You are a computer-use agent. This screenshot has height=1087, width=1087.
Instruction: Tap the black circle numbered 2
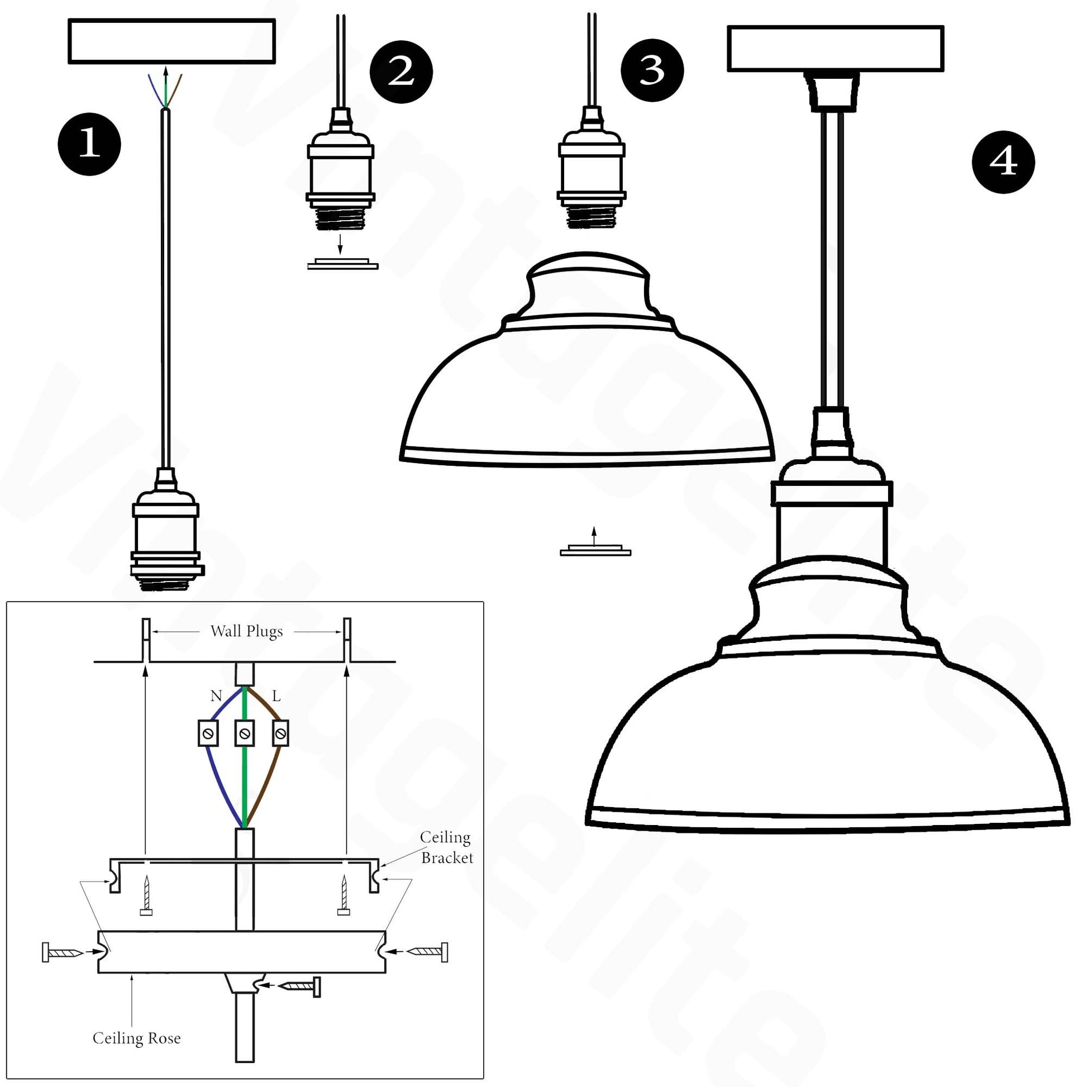tap(401, 71)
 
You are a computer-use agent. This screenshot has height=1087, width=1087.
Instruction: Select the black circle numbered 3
tap(652, 70)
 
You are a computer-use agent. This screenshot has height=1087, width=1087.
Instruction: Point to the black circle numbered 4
tap(1003, 162)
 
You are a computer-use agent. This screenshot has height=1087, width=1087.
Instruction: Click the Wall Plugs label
tap(246, 631)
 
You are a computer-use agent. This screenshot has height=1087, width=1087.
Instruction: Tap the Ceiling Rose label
tap(137, 1038)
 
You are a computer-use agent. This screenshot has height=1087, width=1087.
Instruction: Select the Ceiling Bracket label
tap(446, 847)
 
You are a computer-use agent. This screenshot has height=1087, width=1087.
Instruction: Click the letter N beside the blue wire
tap(216, 696)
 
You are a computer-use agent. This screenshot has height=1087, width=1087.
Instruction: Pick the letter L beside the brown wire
tap(276, 696)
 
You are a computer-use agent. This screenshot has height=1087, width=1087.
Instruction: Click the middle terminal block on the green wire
tap(245, 733)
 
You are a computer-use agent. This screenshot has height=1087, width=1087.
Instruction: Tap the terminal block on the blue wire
tap(208, 733)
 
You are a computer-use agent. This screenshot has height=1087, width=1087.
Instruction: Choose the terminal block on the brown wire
tap(280, 733)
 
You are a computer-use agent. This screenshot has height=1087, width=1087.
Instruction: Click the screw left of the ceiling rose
tap(62, 952)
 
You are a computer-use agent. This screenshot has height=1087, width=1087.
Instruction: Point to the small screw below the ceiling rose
tap(301, 986)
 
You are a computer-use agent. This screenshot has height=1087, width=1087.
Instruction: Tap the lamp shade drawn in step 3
tap(587, 371)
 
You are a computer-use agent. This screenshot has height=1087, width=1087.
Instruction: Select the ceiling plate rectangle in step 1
tap(171, 41)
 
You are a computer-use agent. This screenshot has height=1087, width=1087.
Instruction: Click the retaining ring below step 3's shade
tap(595, 550)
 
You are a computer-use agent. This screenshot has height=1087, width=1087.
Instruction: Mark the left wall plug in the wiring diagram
tap(146, 640)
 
